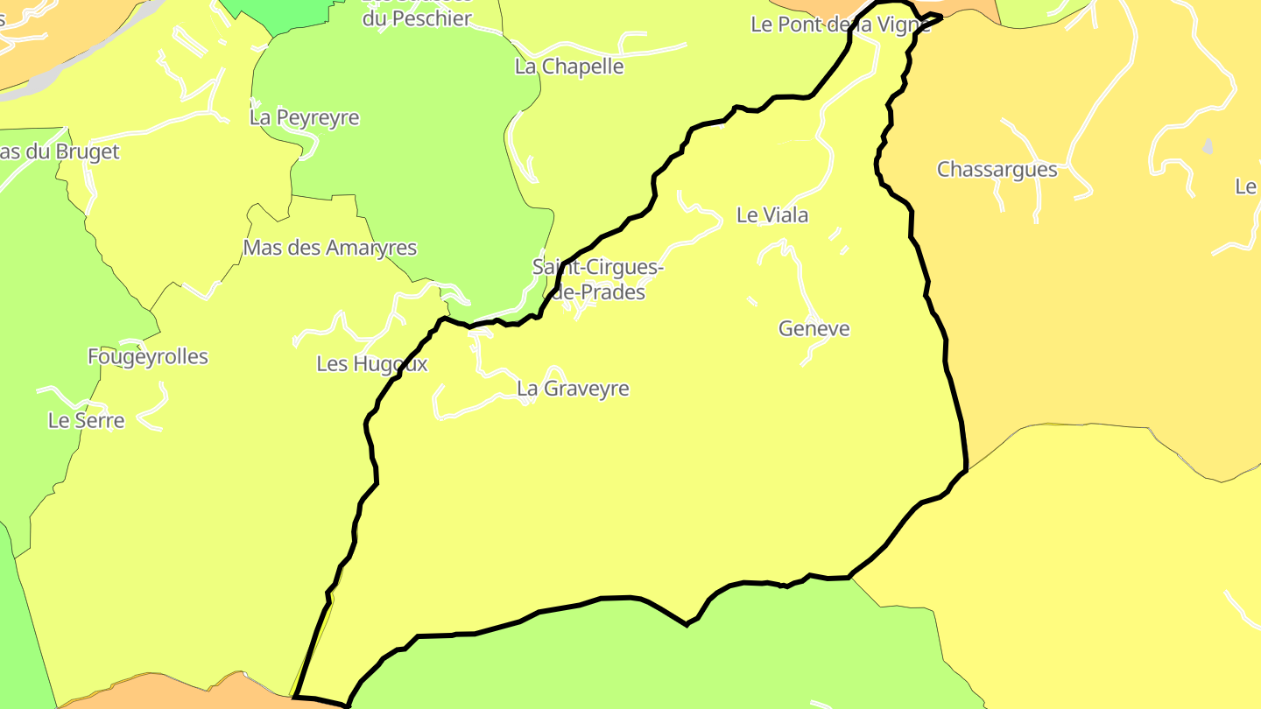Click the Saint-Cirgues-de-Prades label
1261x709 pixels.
pyautogui.click(x=597, y=279)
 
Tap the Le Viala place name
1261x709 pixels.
pyautogui.click(x=771, y=215)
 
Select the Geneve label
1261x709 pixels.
pyautogui.click(x=814, y=329)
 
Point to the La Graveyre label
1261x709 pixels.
pyautogui.click(x=573, y=389)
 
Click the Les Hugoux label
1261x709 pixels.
pyautogui.click(x=372, y=364)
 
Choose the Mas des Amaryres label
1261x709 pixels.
pyautogui.click(x=329, y=248)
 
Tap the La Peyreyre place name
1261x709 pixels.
pyautogui.click(x=304, y=117)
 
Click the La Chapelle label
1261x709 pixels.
pyautogui.click(x=569, y=67)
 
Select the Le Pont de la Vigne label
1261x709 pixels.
pyautogui.click(x=840, y=25)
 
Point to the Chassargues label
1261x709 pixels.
pyautogui.click(x=997, y=170)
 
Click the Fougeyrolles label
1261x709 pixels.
pyautogui.click(x=148, y=357)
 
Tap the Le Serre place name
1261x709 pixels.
pyautogui.click(x=86, y=421)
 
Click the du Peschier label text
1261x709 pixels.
pyautogui.click(x=417, y=18)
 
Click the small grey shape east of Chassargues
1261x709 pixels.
pyautogui.click(x=1208, y=146)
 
